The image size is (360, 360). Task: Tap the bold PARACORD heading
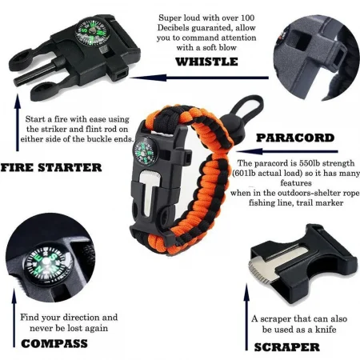pyautogui.click(x=295, y=137)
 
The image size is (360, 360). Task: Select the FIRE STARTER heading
pyautogui.click(x=51, y=167)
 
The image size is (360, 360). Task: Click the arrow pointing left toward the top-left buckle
pyautogui.click(x=185, y=78)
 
